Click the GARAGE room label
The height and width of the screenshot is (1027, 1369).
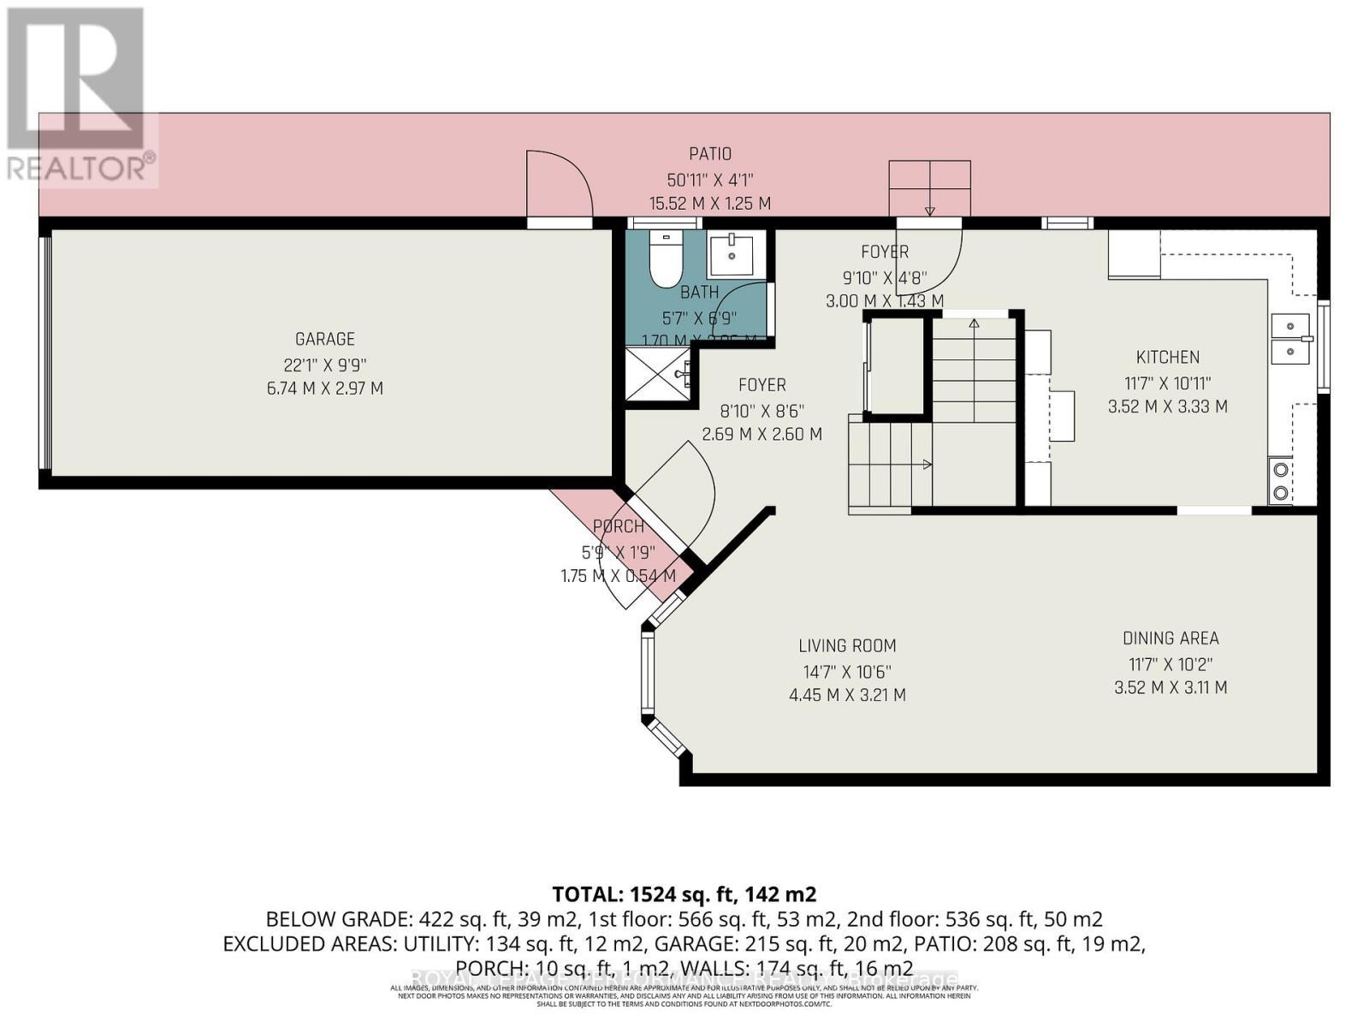324,340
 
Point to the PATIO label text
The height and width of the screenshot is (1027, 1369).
710,154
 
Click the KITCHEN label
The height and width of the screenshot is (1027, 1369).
1167,358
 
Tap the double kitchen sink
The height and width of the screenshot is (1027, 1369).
1291,339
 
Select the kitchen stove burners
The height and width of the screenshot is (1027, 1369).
1281,480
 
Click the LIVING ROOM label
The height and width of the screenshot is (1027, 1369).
847,646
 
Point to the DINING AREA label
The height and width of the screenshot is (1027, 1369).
1170,638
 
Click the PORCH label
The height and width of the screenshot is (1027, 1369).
618,527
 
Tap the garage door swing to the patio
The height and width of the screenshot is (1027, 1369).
558,184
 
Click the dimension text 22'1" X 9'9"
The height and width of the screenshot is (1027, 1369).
324,364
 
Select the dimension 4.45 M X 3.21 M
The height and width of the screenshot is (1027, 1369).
847,695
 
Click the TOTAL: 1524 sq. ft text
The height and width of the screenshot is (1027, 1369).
684,895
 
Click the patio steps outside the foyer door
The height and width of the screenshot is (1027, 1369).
929,188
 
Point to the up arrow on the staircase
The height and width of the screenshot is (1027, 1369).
973,324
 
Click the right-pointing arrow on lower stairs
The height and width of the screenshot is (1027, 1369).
927,465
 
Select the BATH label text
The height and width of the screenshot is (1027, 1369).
699,293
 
